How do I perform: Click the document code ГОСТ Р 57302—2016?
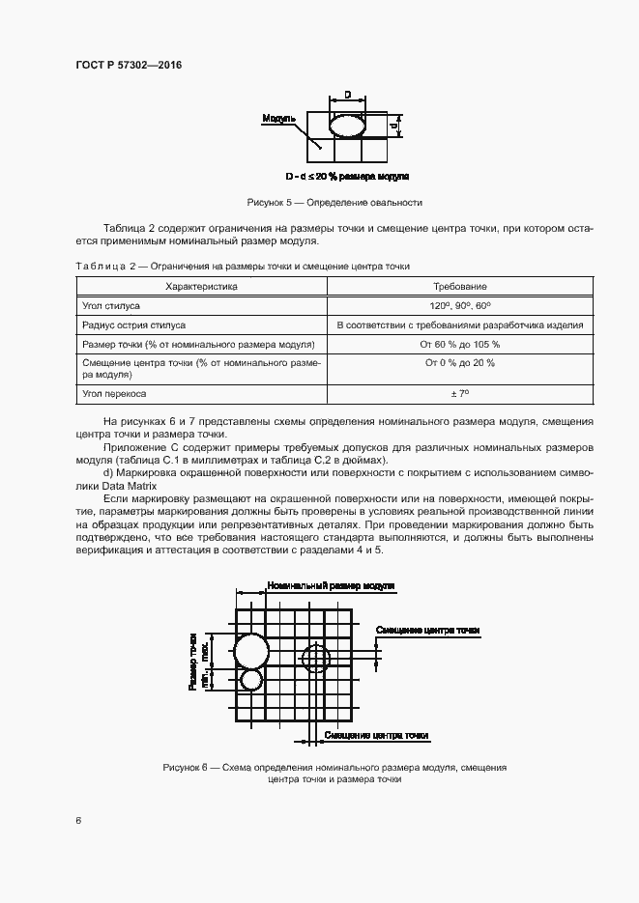(x=128, y=65)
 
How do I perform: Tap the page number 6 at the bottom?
(x=77, y=820)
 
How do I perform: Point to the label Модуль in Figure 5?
(x=278, y=119)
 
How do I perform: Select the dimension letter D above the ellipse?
(x=347, y=96)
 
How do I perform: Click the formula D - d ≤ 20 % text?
(x=347, y=177)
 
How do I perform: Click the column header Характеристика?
(x=201, y=287)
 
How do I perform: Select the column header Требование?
(x=460, y=287)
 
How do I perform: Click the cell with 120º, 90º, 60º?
(x=460, y=305)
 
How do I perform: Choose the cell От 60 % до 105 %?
(x=460, y=344)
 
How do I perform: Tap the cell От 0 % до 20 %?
(x=460, y=362)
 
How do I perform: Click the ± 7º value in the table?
(x=460, y=394)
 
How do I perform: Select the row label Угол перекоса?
(x=113, y=394)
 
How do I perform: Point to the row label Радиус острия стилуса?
(x=133, y=325)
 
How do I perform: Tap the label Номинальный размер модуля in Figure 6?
(x=331, y=586)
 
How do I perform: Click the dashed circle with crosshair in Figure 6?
(x=315, y=659)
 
